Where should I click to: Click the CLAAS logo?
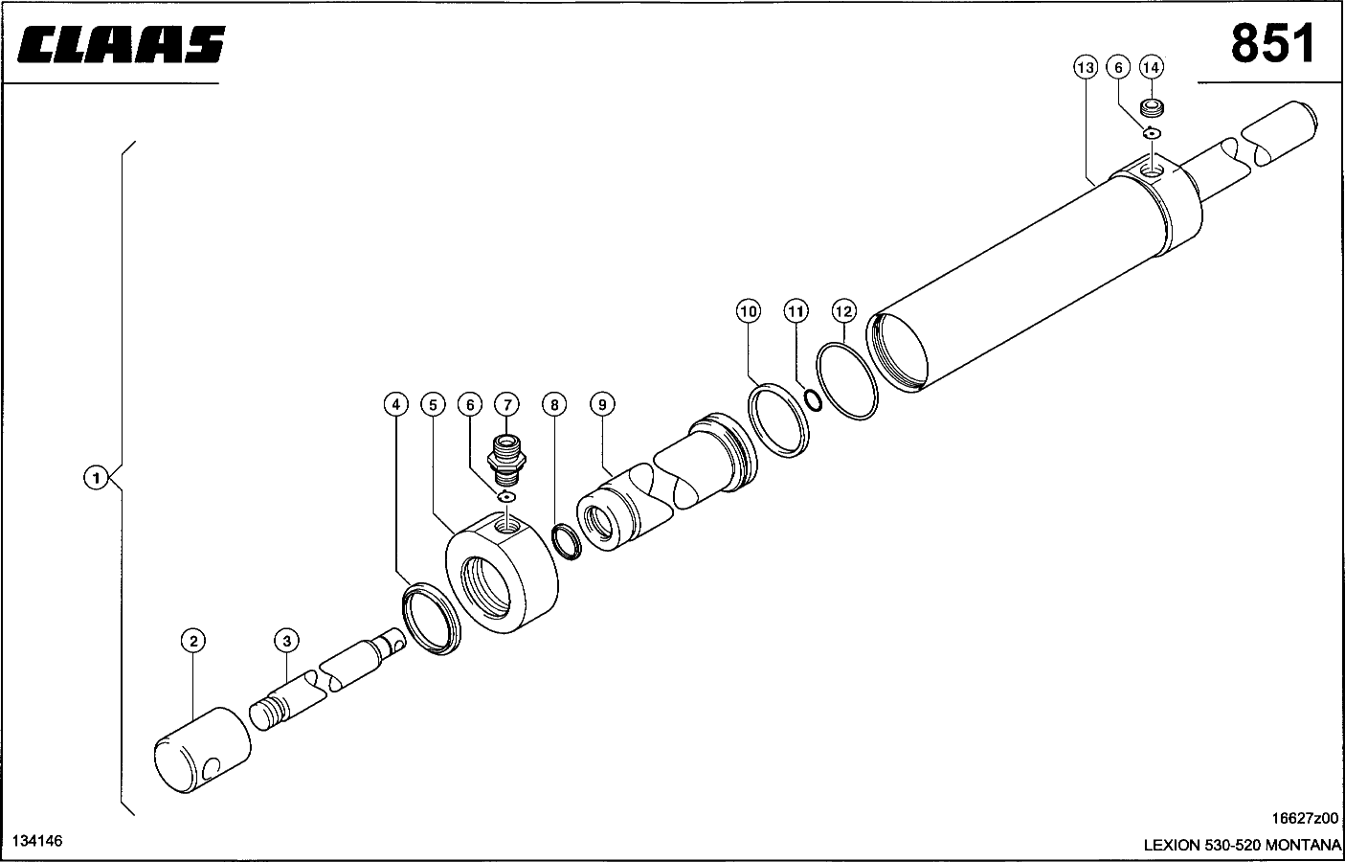(122, 44)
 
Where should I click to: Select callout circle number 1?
(96, 478)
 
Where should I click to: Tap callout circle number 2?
(193, 641)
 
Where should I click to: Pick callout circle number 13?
(1086, 67)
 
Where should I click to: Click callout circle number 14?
(1151, 67)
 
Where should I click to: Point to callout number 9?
(602, 404)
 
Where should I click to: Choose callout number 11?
(796, 311)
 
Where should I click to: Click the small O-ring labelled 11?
(813, 400)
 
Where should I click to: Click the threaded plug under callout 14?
(1152, 109)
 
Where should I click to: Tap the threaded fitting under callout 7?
(506, 460)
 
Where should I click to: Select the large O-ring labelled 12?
(847, 381)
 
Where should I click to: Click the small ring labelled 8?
(567, 542)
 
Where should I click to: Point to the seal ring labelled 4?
(432, 618)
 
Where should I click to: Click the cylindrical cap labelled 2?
(202, 750)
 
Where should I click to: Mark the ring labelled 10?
(779, 420)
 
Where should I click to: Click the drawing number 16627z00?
(1305, 818)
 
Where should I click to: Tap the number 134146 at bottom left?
(37, 841)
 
